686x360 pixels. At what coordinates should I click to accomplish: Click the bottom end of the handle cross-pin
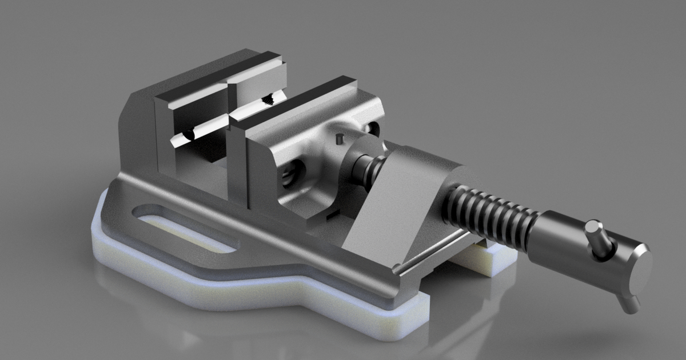(x=631, y=306)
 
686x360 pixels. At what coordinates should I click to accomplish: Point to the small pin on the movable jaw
(x=338, y=138)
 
